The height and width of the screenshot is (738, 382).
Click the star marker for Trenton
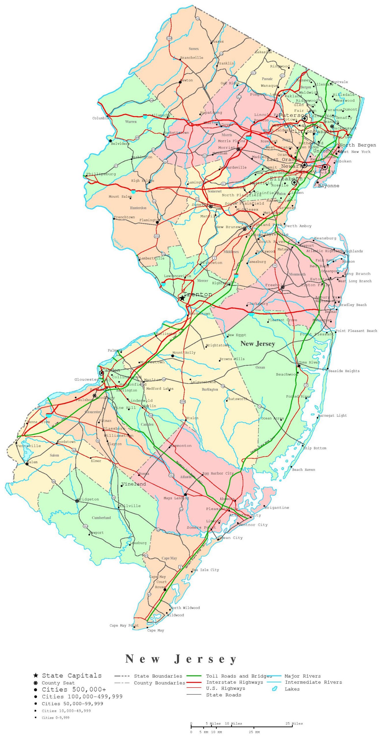coord(182,298)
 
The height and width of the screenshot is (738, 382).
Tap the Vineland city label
coord(134,484)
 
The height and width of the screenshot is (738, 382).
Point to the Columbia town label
coord(100,118)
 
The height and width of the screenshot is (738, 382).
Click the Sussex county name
coord(194,49)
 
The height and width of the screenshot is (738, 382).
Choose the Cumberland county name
coord(101,518)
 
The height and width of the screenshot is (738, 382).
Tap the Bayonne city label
coord(328,186)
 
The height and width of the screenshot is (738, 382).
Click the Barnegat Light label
coord(332,415)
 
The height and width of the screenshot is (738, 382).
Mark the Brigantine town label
coord(277,508)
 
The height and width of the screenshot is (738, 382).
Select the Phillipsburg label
coord(101,174)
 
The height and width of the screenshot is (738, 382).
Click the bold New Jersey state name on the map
coord(258,344)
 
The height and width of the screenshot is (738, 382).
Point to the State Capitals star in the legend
coord(36,675)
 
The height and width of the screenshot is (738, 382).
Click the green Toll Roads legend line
coord(194,676)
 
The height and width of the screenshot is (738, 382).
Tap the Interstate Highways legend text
coord(235,682)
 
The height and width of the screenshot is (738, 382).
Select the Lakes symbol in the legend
coord(275,689)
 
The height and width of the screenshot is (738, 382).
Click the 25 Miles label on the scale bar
coord(294,723)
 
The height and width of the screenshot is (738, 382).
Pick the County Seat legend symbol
coord(36,683)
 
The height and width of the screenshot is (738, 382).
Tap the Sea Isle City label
coord(205,570)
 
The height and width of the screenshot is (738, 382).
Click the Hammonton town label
coord(180,446)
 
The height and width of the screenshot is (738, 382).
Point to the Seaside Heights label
coord(344,371)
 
